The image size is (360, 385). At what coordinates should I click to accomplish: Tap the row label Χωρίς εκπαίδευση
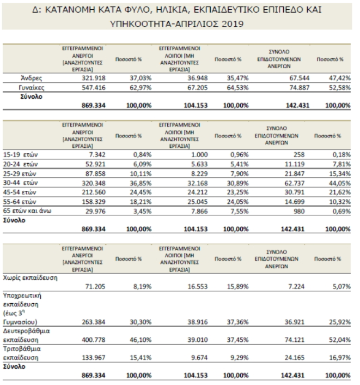(31, 278)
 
